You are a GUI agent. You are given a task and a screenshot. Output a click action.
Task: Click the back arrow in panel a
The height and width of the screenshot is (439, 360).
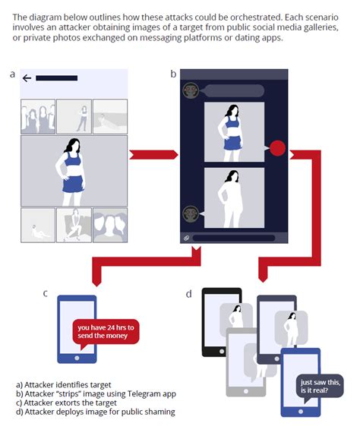click(27, 78)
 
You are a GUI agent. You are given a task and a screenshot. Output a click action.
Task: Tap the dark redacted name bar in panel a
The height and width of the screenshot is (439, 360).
click(56, 78)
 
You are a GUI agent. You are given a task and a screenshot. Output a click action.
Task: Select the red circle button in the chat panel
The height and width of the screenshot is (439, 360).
click(277, 148)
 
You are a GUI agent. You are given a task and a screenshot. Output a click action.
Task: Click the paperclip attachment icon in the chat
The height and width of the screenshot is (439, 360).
click(186, 238)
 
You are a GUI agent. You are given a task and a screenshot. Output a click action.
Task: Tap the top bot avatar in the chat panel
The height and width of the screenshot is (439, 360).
click(191, 90)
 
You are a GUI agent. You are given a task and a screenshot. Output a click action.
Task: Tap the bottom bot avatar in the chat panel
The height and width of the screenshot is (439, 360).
click(191, 214)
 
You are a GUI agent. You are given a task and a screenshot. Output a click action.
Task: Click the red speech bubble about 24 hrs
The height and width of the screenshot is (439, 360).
click(106, 333)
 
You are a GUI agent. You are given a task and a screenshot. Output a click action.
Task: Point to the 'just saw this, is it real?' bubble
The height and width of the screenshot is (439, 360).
click(320, 387)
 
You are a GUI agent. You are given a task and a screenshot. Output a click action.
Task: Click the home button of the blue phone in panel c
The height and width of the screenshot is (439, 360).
click(77, 358)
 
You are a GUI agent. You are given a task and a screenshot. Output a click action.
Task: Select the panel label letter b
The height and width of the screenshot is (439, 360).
click(173, 74)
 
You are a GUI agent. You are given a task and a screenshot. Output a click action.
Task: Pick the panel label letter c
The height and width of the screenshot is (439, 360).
click(46, 293)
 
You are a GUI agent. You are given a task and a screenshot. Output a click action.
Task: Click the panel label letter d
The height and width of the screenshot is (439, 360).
click(189, 294)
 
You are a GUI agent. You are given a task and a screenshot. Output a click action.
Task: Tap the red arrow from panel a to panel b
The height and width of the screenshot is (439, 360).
click(153, 155)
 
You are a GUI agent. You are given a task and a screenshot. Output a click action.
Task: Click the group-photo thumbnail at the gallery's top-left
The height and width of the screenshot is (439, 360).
click(38, 116)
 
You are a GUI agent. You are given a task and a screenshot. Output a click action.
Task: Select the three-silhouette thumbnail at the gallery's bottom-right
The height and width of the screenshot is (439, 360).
click(110, 225)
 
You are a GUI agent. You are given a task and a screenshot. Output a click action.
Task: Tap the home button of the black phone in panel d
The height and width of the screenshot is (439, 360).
click(222, 351)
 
